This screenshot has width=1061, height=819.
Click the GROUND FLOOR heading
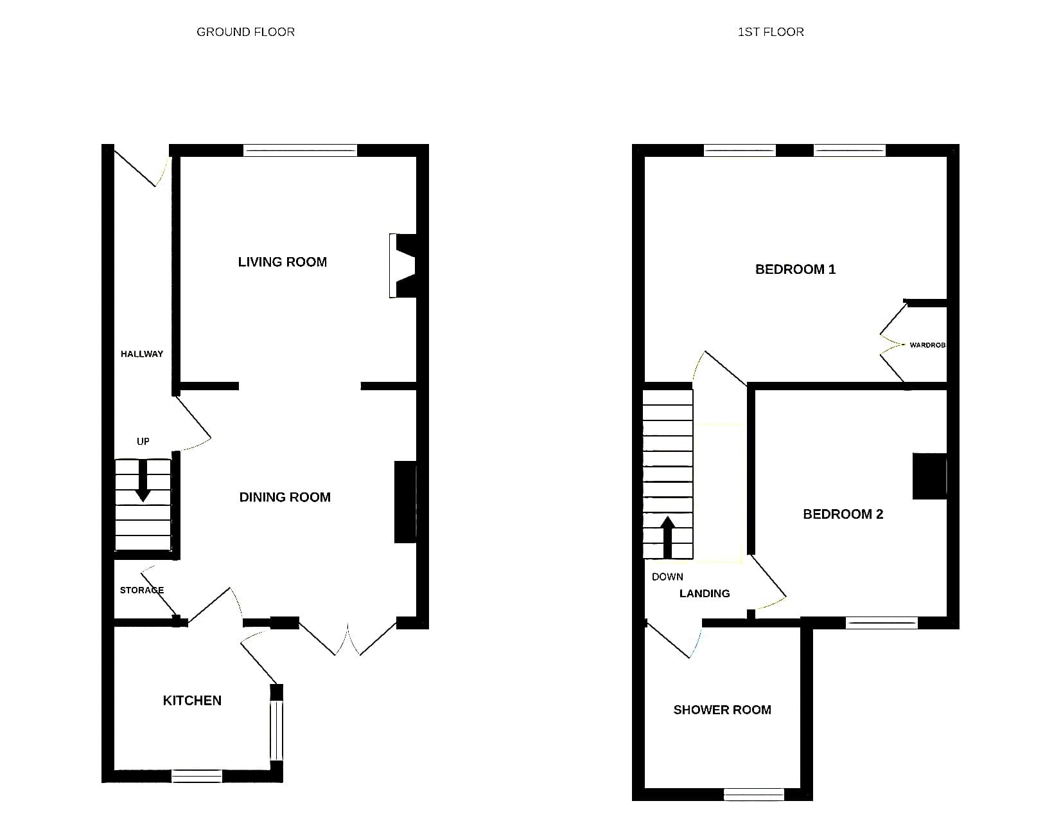245,32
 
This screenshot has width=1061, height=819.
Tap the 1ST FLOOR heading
771,32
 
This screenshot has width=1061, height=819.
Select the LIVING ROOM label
282,262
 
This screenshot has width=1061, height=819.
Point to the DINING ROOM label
285,497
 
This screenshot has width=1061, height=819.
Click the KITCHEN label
192,700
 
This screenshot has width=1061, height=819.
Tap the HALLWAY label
141,354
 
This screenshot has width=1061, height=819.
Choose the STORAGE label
141,590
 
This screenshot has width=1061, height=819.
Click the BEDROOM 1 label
795,269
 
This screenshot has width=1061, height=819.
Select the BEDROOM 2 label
843,514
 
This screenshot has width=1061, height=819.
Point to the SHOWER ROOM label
722,710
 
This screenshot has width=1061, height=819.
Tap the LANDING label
705,593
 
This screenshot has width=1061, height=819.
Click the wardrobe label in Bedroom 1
927,345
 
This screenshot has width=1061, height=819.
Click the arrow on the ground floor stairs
143,481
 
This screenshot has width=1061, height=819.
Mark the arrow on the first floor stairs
667,537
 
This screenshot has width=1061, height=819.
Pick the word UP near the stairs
143,441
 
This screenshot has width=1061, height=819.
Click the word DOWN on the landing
667,577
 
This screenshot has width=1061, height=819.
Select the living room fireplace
403,266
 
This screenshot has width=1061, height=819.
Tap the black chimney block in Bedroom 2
929,476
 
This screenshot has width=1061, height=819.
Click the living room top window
301,150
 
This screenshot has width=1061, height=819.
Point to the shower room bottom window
753,794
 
